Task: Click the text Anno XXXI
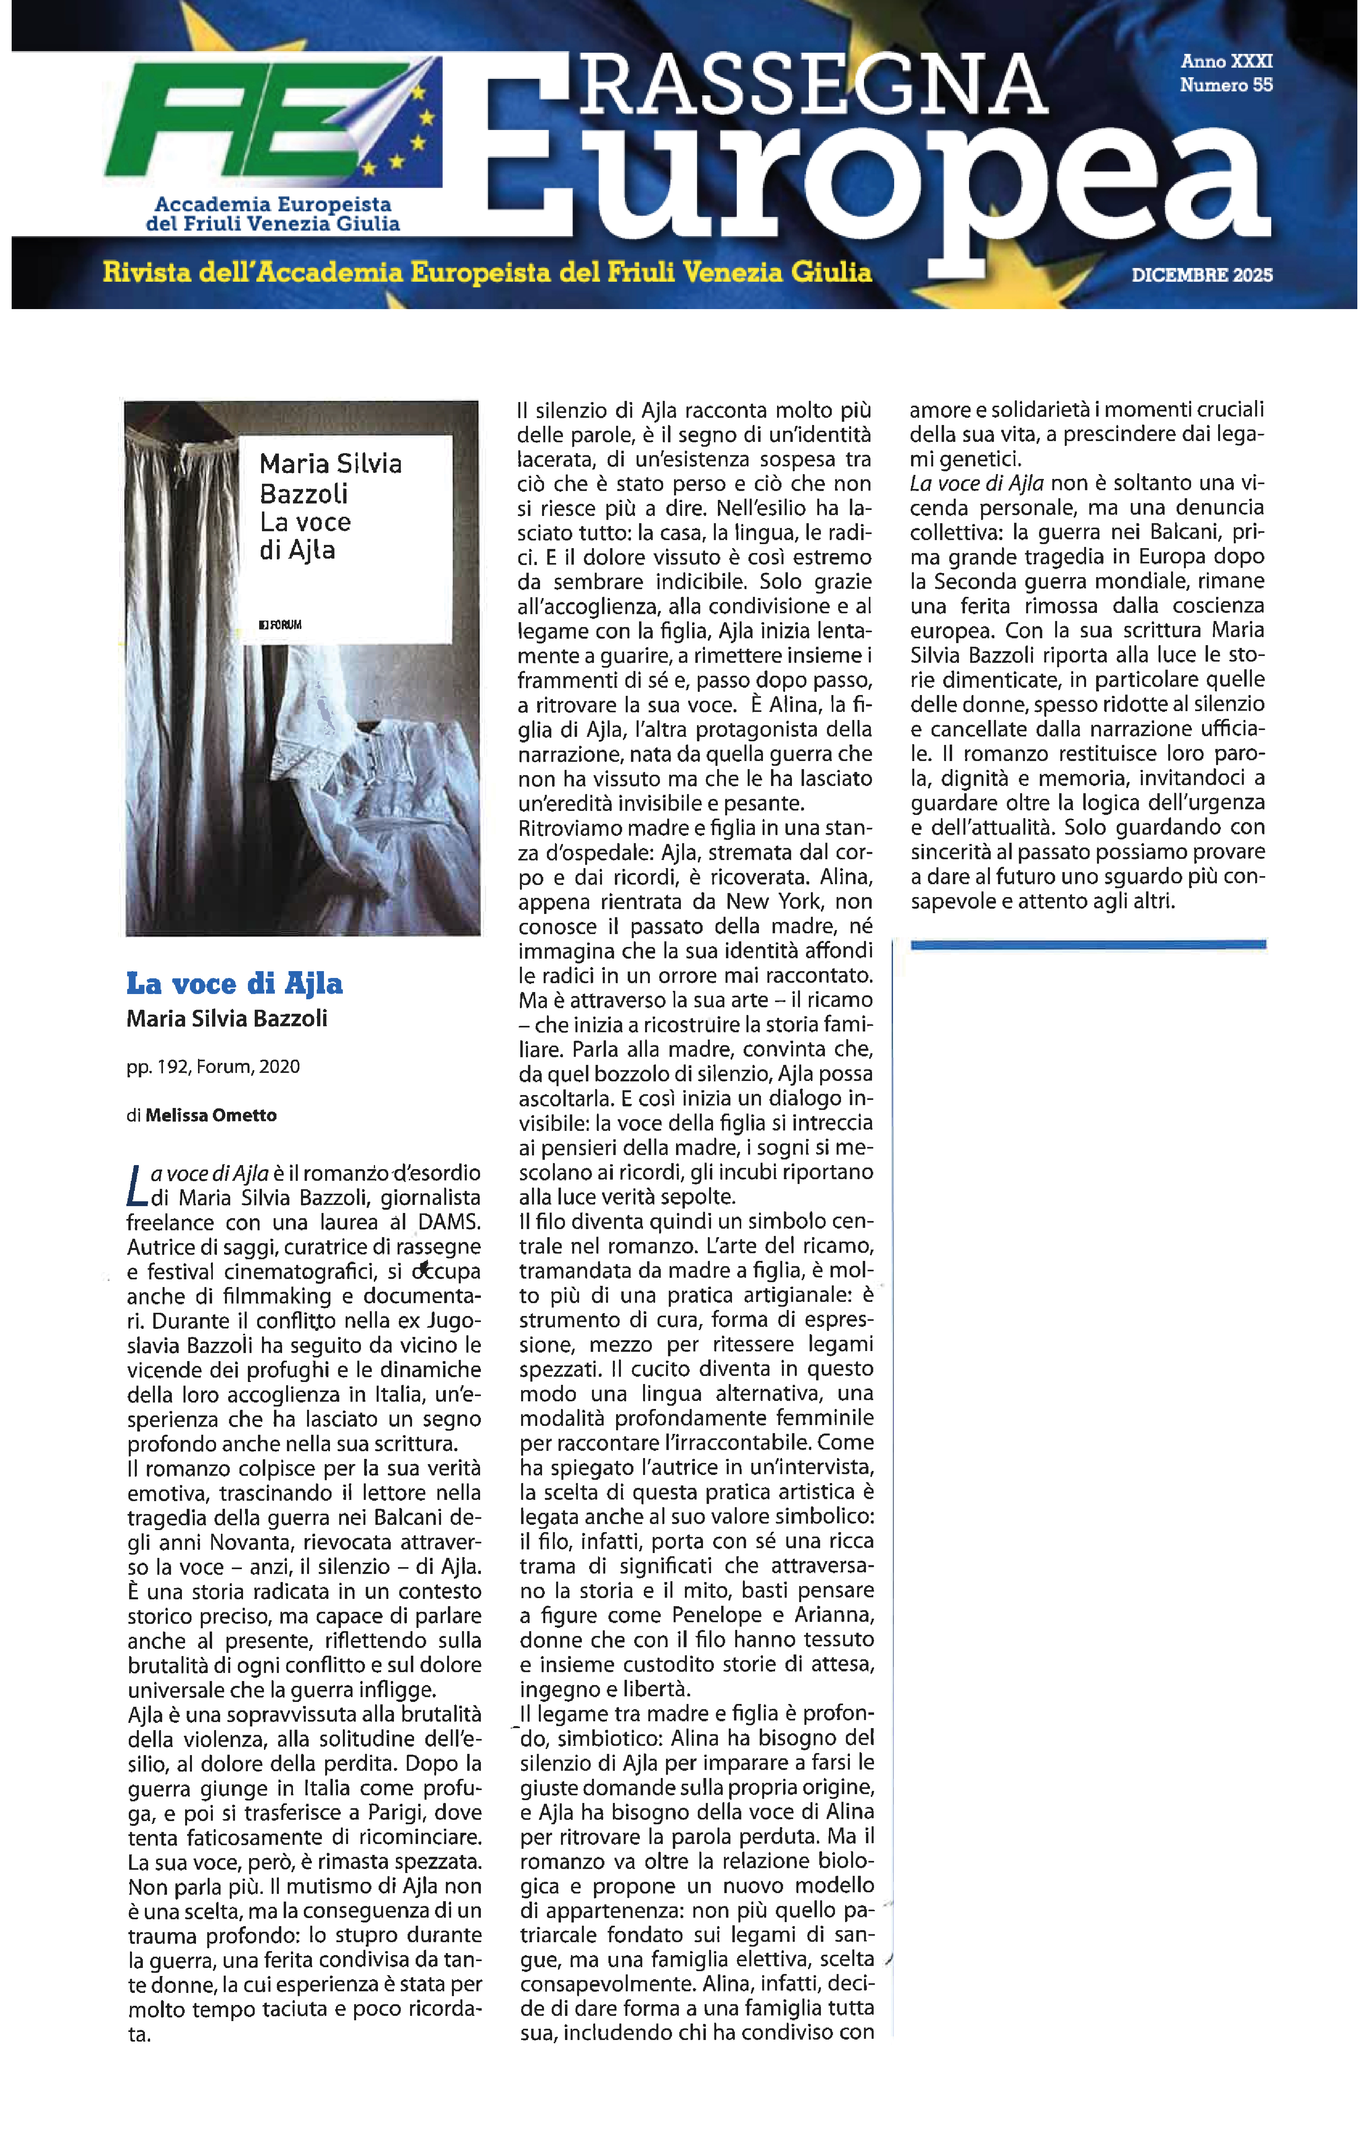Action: (x=1226, y=61)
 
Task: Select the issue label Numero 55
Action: (x=1226, y=85)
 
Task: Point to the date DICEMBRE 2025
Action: (x=1202, y=276)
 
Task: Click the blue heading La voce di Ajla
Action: (x=235, y=983)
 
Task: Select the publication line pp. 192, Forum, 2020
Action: (x=213, y=1066)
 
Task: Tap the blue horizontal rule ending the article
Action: (x=1088, y=945)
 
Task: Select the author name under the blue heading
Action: (x=227, y=1019)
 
